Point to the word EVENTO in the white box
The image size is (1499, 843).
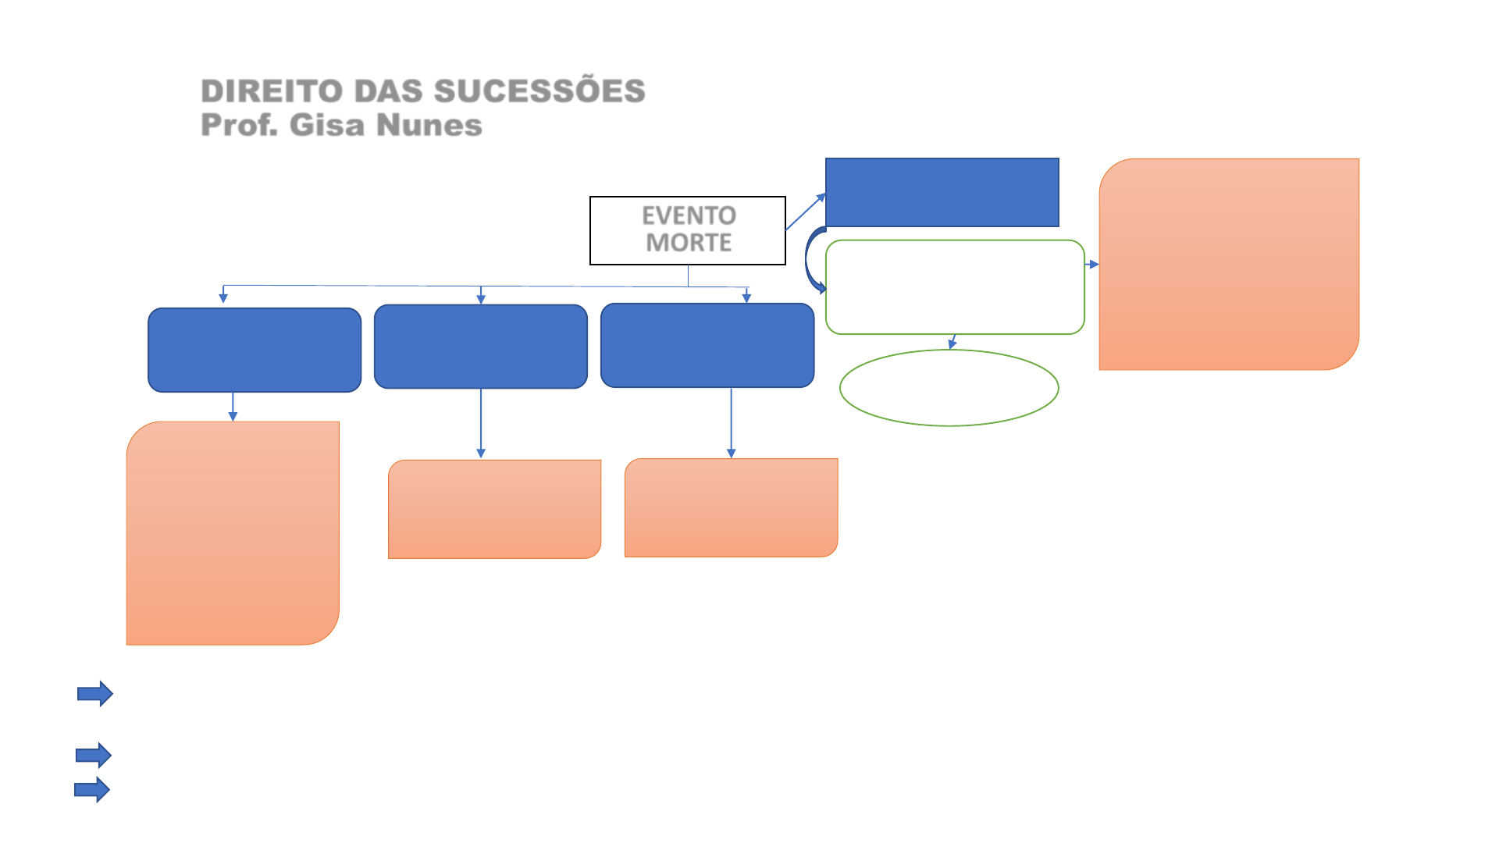[x=689, y=215]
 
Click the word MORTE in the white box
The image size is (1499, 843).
[x=689, y=243]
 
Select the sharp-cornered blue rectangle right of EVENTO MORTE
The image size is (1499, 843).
[x=942, y=192]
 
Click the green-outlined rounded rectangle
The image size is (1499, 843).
[x=955, y=287]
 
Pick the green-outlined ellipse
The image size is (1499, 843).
[x=949, y=388]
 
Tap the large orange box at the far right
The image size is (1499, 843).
[x=1229, y=264]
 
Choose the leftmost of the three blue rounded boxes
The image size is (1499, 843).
[x=255, y=350]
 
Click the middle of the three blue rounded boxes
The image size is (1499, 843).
[x=481, y=347]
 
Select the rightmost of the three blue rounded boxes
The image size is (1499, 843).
[x=707, y=345]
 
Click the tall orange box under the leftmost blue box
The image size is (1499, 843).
[x=233, y=533]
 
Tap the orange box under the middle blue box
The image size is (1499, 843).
[x=494, y=509]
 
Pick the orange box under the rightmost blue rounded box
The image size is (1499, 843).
[x=731, y=507]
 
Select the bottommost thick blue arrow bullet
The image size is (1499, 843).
[x=92, y=790]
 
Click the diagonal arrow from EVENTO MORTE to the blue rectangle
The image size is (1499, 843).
[x=805, y=212]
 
